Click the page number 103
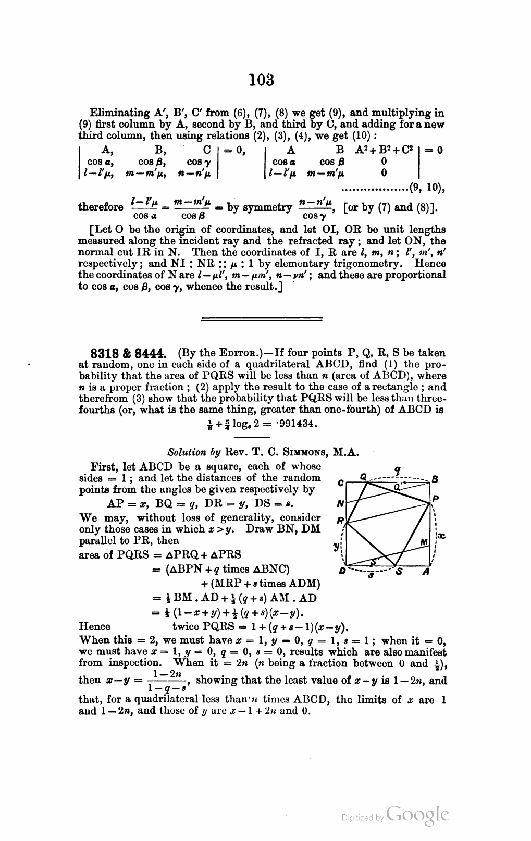[262, 80]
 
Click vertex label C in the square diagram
[340, 483]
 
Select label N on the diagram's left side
[341, 504]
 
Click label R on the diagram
[340, 521]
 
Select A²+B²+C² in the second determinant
[385, 151]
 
